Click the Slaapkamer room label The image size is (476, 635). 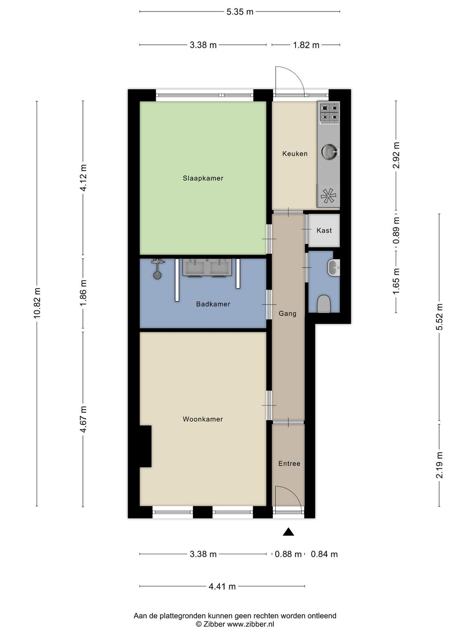[x=203, y=178]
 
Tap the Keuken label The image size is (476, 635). [x=295, y=154]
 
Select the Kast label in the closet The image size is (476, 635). [x=324, y=231]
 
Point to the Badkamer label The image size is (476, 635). [x=213, y=304]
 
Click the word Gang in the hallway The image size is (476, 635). [x=288, y=314]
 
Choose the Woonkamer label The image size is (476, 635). [x=203, y=419]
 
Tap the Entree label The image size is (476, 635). [x=289, y=464]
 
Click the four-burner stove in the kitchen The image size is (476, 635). [x=330, y=113]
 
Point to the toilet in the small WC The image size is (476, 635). [x=324, y=304]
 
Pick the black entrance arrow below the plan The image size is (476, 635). [x=288, y=532]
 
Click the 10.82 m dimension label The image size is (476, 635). [x=37, y=304]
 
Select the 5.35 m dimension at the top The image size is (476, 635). [x=240, y=12]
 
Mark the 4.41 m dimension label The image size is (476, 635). [x=222, y=587]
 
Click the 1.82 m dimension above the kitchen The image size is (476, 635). [x=306, y=45]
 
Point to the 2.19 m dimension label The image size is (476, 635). [x=439, y=466]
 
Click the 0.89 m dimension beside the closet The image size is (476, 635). [x=396, y=231]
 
